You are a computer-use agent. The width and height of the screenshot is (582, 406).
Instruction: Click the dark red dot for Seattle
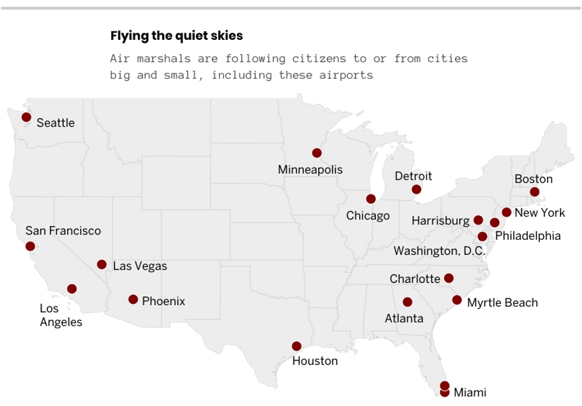[26, 118]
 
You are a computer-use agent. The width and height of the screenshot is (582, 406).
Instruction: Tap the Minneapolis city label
[310, 170]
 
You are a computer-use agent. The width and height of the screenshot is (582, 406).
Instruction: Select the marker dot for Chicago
[371, 199]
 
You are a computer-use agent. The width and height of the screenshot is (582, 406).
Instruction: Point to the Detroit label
[413, 176]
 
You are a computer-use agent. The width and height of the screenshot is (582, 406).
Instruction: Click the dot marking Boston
[534, 192]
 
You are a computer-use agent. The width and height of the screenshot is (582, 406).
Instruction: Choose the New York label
[540, 212]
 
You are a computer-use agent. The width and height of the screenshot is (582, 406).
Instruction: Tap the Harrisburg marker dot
[478, 220]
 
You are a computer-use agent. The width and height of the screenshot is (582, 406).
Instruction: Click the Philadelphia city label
[527, 236]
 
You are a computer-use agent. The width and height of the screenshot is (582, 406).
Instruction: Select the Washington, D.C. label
[439, 251]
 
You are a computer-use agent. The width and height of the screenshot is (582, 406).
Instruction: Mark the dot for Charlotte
[449, 278]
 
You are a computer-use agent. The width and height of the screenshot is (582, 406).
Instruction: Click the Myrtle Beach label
[502, 303]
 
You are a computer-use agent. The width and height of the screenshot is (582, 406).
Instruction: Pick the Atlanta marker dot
[407, 302]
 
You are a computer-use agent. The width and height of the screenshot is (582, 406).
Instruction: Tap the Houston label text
[315, 361]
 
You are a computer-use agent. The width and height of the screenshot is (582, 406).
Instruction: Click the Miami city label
[470, 392]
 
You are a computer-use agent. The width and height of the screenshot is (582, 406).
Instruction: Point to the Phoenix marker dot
[133, 300]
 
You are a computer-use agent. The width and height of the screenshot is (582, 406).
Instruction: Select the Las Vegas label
[140, 266]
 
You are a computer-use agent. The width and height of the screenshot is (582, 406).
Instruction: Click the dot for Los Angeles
[72, 289]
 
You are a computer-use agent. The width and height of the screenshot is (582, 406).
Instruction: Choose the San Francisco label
[63, 231]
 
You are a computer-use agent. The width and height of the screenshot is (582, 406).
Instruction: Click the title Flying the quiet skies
[176, 36]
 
